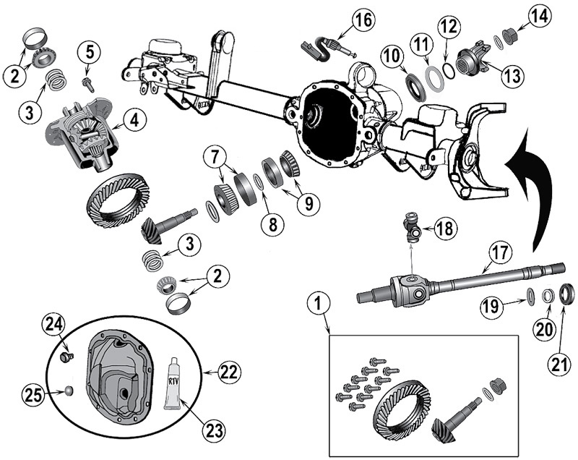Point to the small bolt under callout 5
[x=88, y=84]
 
